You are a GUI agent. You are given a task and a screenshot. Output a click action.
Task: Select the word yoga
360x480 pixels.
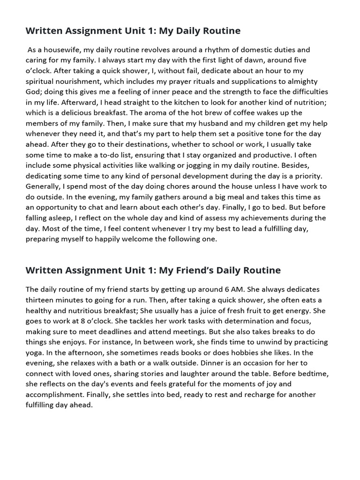coord(34,352)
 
